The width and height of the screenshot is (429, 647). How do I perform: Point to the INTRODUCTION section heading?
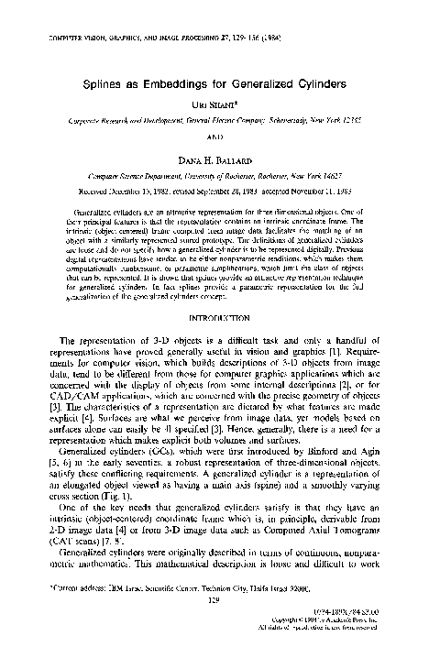[x=214, y=319]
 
